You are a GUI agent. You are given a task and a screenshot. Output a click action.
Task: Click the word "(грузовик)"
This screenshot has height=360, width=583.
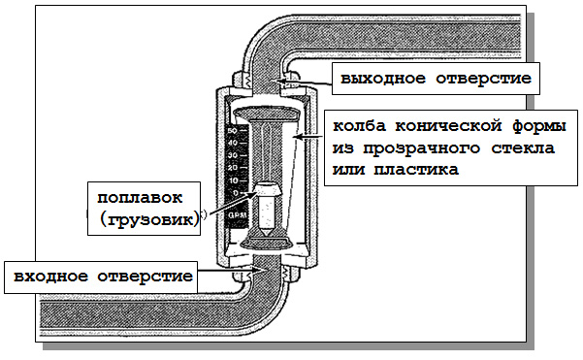(148, 218)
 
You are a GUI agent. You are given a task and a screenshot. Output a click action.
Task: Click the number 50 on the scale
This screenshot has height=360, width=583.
(232, 129)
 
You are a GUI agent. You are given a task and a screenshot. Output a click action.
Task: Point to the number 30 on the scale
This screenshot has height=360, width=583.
(232, 154)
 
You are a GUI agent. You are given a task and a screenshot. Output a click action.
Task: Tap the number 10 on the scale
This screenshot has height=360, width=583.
(232, 180)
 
